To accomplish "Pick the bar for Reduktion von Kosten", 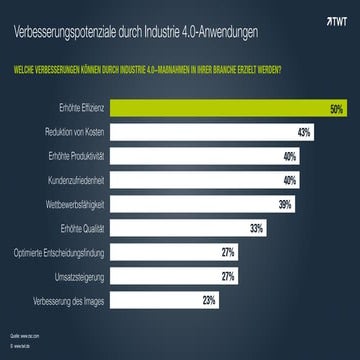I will coord(210,131).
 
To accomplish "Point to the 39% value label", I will coord(284,203).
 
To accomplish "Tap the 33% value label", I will coord(256,227).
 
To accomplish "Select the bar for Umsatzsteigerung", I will coord(170,275).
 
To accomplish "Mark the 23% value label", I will coord(208,299).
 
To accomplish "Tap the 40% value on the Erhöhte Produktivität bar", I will coord(289,155).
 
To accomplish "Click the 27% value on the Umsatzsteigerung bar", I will coord(227,275).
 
